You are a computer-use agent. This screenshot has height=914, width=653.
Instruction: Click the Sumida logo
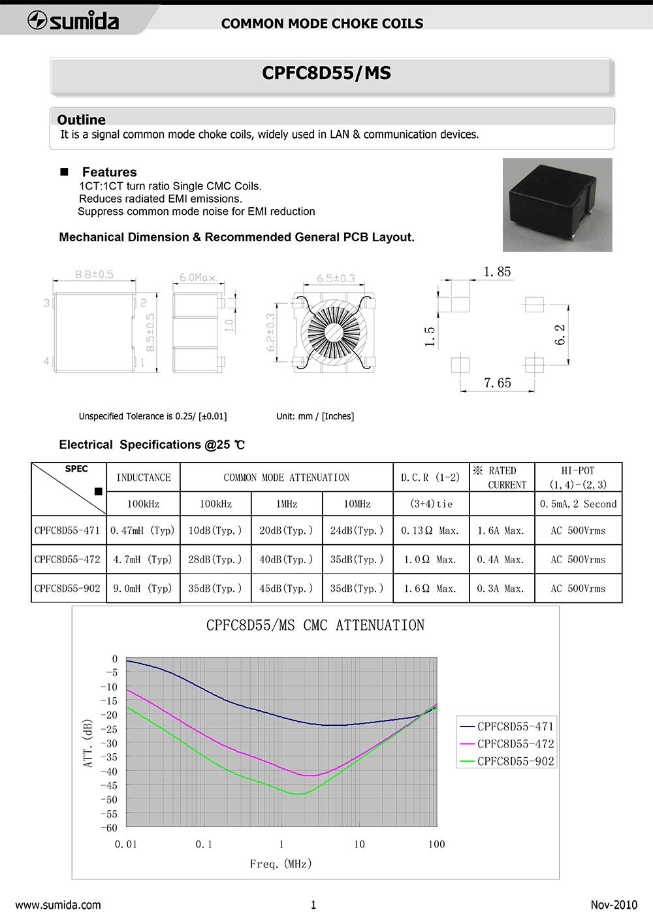[x=73, y=21]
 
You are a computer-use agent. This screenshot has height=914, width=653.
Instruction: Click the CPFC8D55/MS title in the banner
[x=326, y=73]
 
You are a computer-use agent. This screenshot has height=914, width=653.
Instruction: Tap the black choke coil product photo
[x=557, y=204]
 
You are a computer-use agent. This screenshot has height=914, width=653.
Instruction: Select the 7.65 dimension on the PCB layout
[x=498, y=383]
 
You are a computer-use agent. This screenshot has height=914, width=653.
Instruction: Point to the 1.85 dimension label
[x=498, y=272]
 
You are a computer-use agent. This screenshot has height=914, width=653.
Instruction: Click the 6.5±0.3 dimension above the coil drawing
[x=336, y=278]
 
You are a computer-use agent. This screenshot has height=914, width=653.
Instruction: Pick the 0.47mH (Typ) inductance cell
[x=143, y=530]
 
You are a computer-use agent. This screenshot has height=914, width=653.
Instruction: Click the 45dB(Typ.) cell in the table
[x=286, y=588]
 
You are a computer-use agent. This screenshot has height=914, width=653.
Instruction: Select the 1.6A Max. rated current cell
[x=501, y=530]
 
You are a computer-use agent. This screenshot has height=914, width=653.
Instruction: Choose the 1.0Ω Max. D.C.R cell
[x=430, y=559]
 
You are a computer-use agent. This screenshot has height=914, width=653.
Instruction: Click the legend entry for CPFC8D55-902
[x=515, y=761]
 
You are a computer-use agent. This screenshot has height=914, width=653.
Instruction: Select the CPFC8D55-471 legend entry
[x=515, y=726]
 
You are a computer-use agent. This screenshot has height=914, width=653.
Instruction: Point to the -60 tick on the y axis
[x=108, y=828]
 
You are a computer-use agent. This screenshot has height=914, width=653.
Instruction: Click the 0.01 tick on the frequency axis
[x=126, y=844]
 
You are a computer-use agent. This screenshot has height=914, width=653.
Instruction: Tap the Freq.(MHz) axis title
[x=281, y=864]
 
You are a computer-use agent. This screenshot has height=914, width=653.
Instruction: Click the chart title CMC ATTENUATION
[x=315, y=625]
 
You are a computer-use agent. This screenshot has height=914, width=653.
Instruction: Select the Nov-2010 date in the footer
[x=613, y=905]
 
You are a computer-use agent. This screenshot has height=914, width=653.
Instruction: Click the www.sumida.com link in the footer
[x=58, y=905]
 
